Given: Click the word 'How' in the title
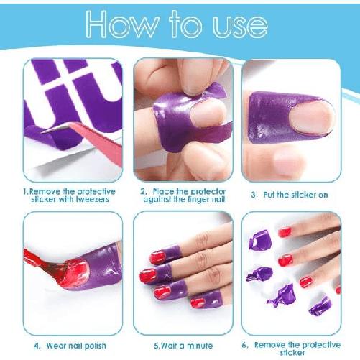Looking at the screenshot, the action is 122,24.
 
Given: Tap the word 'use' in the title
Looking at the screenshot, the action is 240,27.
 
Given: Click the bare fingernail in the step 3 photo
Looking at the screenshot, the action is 311,117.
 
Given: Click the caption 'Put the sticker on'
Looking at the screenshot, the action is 295,195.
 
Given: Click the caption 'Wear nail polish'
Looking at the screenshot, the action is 76,346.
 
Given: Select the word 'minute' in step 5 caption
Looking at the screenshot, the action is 200,346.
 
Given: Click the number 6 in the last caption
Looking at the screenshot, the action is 244,345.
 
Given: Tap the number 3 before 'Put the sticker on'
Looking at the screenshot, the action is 254,195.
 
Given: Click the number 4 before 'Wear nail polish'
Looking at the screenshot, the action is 37,346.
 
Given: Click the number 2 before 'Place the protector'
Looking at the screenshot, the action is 143,191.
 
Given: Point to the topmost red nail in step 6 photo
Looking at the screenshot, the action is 285,232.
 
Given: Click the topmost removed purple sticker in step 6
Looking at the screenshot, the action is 260,240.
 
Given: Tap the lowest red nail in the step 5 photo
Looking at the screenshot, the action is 198,303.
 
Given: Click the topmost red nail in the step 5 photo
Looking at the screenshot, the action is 157,257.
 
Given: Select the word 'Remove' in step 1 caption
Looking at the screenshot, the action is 45,192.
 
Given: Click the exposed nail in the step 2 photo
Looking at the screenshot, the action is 208,113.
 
